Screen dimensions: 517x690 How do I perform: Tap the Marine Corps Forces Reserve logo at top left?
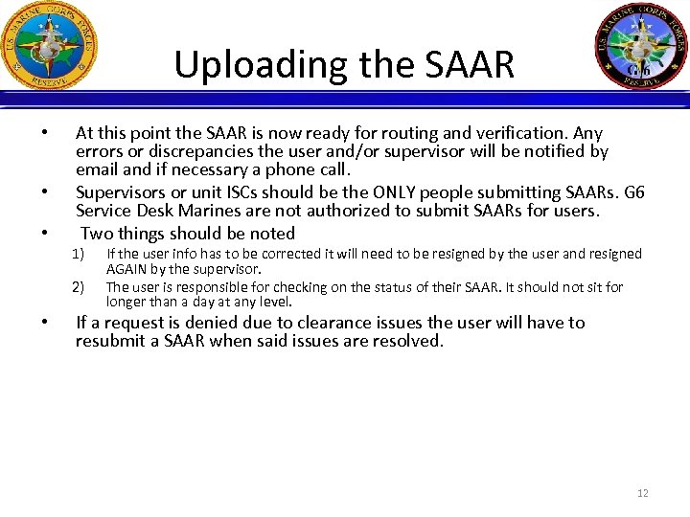click(x=50, y=45)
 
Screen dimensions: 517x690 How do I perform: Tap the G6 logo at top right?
click(x=639, y=46)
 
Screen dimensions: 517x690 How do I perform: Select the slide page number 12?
click(x=642, y=493)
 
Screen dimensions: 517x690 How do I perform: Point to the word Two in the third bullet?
click(x=98, y=234)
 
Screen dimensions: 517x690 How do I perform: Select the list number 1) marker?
click(x=80, y=254)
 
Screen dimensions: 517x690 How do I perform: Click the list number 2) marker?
click(x=80, y=287)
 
